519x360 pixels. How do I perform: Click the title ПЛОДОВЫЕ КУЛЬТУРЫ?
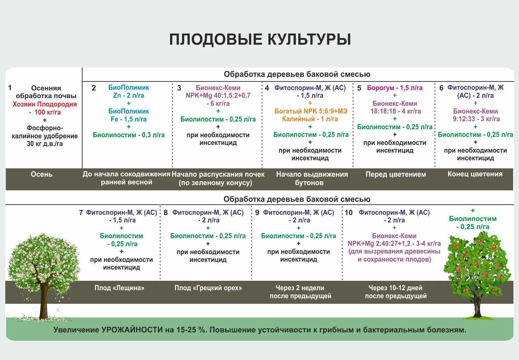click(x=260, y=39)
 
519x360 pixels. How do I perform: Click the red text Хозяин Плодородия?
click(x=45, y=104)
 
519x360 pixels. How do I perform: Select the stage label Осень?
click(x=42, y=174)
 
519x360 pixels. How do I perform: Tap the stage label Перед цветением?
click(x=396, y=174)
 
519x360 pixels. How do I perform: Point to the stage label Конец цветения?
click(x=475, y=174)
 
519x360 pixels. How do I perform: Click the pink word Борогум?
click(x=380, y=88)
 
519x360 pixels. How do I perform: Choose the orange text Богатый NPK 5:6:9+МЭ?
click(x=311, y=111)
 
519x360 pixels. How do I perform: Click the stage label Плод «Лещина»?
click(x=119, y=288)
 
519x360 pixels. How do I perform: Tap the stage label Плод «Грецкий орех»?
click(x=208, y=288)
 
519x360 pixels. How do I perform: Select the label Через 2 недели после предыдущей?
click(x=300, y=292)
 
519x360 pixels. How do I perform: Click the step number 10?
click(x=349, y=213)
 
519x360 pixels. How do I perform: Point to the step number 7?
click(x=81, y=213)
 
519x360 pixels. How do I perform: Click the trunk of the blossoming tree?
click(x=44, y=300)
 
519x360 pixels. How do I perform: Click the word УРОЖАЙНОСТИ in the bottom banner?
click(x=132, y=330)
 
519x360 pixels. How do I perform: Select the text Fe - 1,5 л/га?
click(x=129, y=119)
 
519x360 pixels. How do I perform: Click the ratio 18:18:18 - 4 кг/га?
click(x=396, y=111)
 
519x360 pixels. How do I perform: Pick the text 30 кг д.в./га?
click(x=45, y=144)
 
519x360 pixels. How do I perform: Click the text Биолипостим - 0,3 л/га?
click(x=129, y=135)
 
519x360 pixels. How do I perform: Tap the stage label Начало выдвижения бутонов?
click(x=312, y=178)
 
